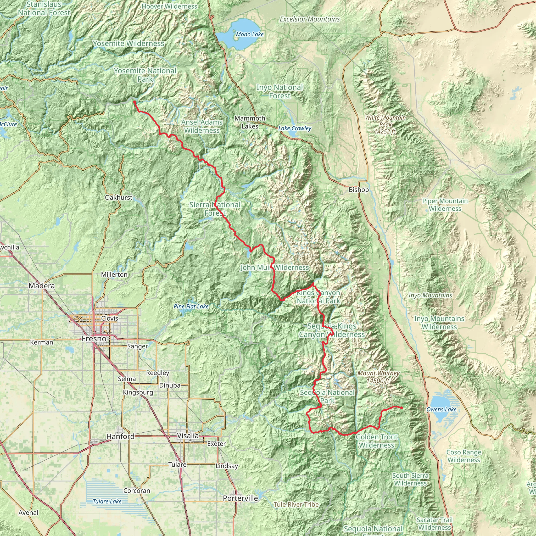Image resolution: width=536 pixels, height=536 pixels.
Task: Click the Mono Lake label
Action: [250, 34]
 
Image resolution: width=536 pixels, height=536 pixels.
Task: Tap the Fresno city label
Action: [94, 338]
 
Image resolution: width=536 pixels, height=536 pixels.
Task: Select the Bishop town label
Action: [359, 190]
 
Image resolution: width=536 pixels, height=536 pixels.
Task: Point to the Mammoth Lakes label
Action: [250, 122]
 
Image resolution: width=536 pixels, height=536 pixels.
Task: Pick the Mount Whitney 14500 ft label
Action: [378, 377]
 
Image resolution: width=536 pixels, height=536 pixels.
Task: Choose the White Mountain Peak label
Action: [385, 125]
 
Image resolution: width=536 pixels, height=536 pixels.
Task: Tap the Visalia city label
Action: [188, 435]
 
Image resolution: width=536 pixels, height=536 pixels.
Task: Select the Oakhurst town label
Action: [119, 198]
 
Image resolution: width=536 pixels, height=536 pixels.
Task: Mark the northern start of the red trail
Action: [134, 102]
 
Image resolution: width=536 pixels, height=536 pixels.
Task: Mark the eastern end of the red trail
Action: [402, 407]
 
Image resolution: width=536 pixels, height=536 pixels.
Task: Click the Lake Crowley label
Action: [295, 128]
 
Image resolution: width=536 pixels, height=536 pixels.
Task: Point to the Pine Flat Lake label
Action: [191, 306]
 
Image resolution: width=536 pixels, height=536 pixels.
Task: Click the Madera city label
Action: [42, 286]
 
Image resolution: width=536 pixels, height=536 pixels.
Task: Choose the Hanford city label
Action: [120, 436]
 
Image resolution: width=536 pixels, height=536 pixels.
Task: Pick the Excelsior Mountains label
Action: [310, 19]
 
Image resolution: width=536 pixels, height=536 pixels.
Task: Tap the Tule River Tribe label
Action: [296, 504]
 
